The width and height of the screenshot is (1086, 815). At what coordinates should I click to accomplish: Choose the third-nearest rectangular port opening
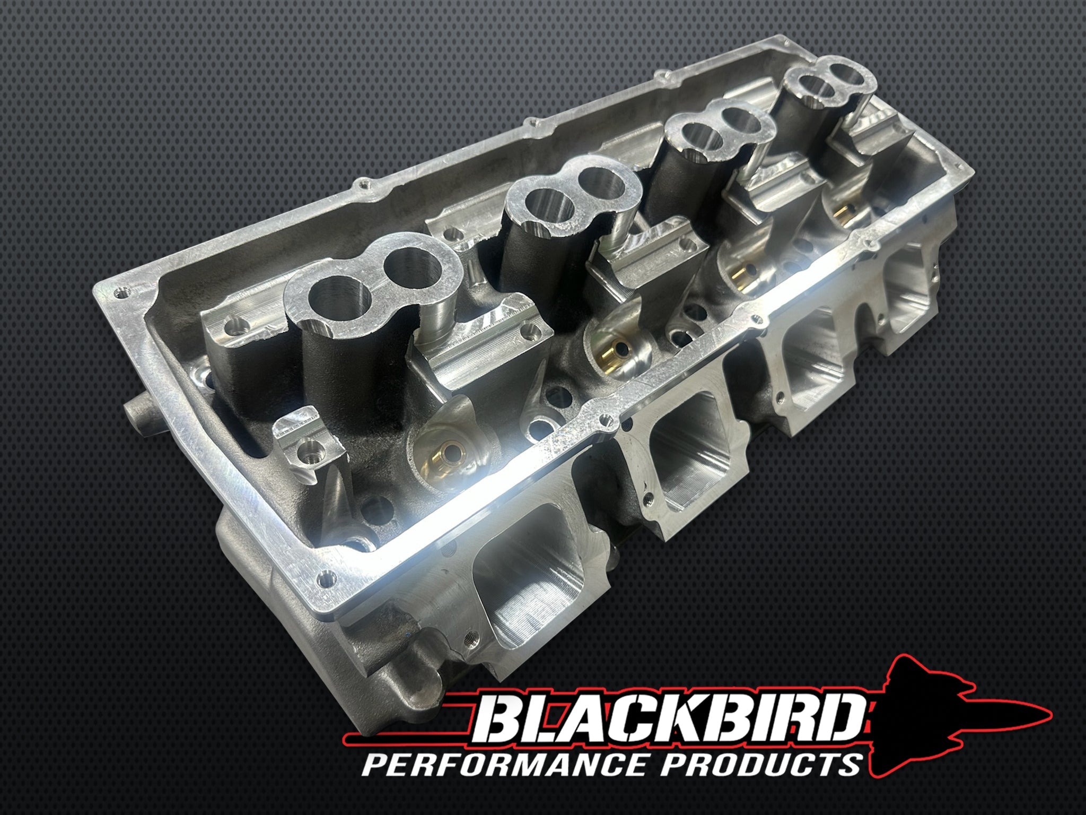coord(811,382)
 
